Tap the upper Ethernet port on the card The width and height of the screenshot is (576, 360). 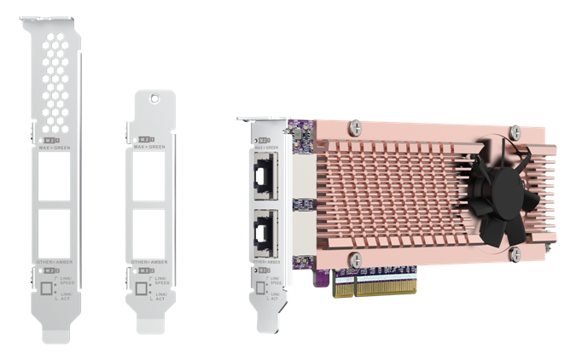262,178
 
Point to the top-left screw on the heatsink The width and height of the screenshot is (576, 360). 357,128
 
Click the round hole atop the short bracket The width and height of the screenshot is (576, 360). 154,99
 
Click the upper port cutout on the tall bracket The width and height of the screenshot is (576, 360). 57,179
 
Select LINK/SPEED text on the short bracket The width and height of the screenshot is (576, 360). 160,282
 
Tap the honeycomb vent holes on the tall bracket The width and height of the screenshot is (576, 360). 56,77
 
